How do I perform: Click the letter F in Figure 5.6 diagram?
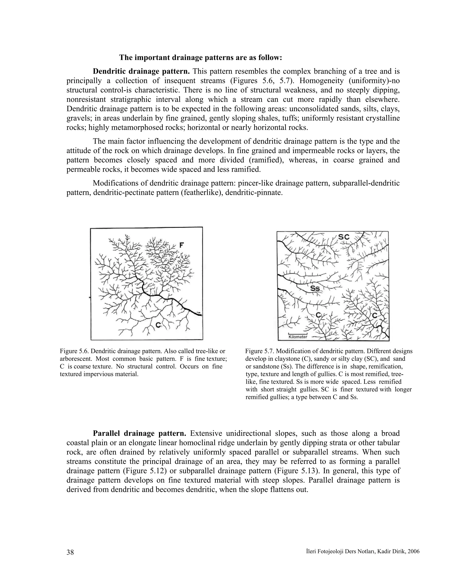182,245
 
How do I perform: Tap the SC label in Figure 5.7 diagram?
344,237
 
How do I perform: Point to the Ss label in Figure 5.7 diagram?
316,289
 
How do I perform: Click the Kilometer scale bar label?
298,337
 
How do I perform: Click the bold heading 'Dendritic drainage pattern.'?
141,71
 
